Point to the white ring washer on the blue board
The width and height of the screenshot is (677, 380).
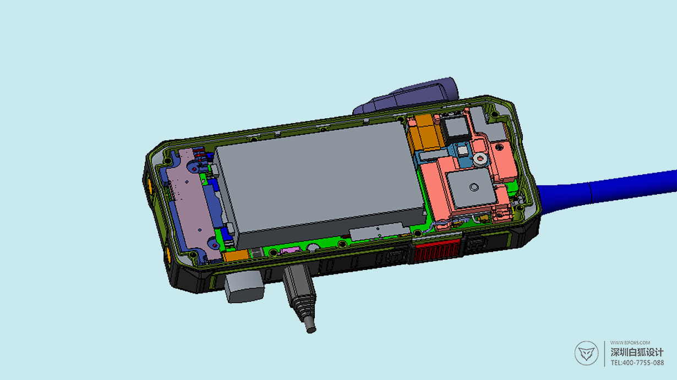(x=480, y=158)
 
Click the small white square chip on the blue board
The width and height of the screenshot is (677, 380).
(x=462, y=151)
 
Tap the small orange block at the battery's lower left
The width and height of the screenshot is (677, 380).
(x=236, y=256)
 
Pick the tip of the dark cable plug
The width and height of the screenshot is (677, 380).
(x=311, y=329)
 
